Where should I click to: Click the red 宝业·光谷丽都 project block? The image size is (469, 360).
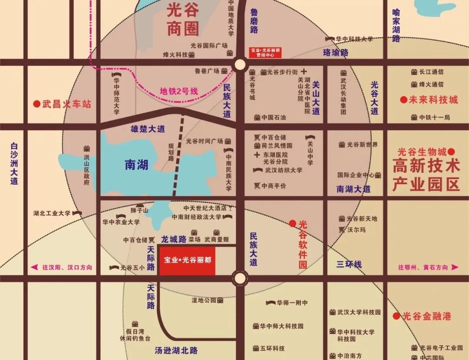pyautogui.click(x=187, y=261)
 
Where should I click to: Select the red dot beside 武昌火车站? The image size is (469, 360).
pyautogui.click(x=36, y=104)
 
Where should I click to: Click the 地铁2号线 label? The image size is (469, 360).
pyautogui.click(x=178, y=92)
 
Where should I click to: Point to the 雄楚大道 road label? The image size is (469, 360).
pyautogui.click(x=148, y=129)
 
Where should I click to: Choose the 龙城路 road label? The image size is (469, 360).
pyautogui.click(x=174, y=239)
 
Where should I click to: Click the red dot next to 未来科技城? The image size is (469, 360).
pyautogui.click(x=404, y=100)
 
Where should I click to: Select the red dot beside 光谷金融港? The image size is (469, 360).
pyautogui.click(x=396, y=316)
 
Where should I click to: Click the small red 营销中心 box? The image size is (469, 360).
pyautogui.click(x=265, y=53)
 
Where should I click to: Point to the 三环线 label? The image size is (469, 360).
pyautogui.click(x=349, y=264)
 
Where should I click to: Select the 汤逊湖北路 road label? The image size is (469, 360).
pyautogui.click(x=176, y=350)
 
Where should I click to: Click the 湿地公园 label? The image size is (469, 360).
pyautogui.click(x=204, y=300)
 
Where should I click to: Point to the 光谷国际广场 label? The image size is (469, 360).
pyautogui.click(x=209, y=45)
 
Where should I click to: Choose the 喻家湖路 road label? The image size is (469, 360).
pyautogui.click(x=396, y=26)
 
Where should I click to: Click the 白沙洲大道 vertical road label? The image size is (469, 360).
pyautogui.click(x=14, y=163)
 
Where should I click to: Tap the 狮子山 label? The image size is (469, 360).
pyautogui.click(x=139, y=211)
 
